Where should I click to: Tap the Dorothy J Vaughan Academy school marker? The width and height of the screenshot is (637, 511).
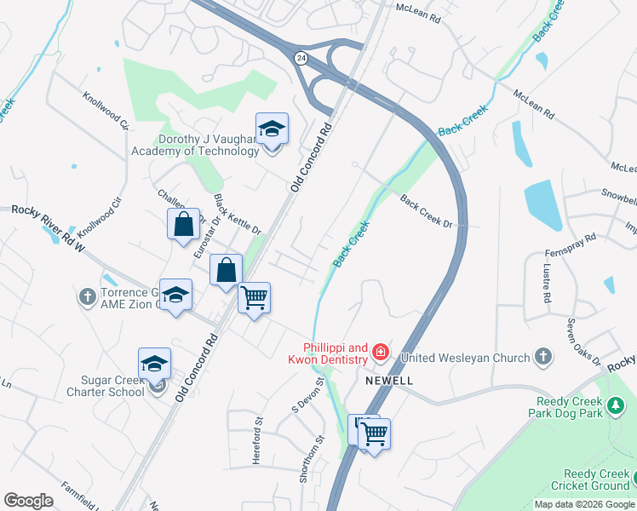coord(272,129)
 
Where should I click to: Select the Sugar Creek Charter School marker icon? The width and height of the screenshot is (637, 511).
coord(154,365)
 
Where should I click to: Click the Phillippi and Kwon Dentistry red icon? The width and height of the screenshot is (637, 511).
coord(379,351)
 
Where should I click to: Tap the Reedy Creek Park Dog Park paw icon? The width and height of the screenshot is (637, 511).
coord(617,412)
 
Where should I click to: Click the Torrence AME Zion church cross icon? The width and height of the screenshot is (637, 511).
coord(87,297)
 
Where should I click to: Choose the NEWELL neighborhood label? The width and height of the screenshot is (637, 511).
coord(389,381)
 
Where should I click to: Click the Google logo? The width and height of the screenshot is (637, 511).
coord(28,501)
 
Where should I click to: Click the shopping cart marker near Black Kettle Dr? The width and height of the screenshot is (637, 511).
coord(254,299)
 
